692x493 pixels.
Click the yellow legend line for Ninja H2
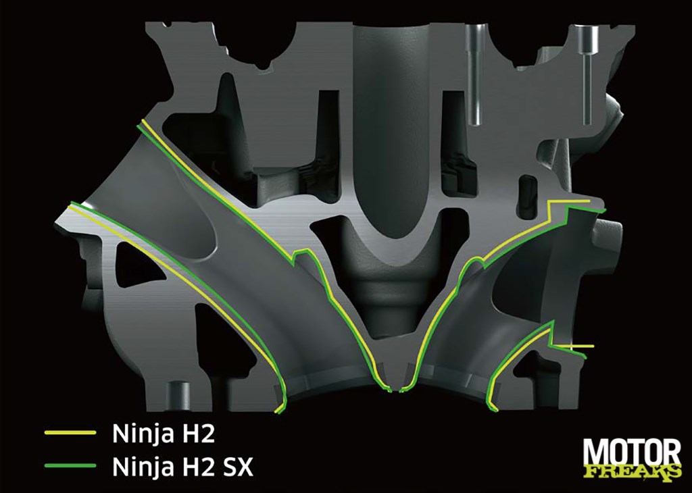pos(70,433)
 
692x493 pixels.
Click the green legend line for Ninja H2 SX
pos(70,465)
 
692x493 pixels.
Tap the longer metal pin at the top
pos(474,74)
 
